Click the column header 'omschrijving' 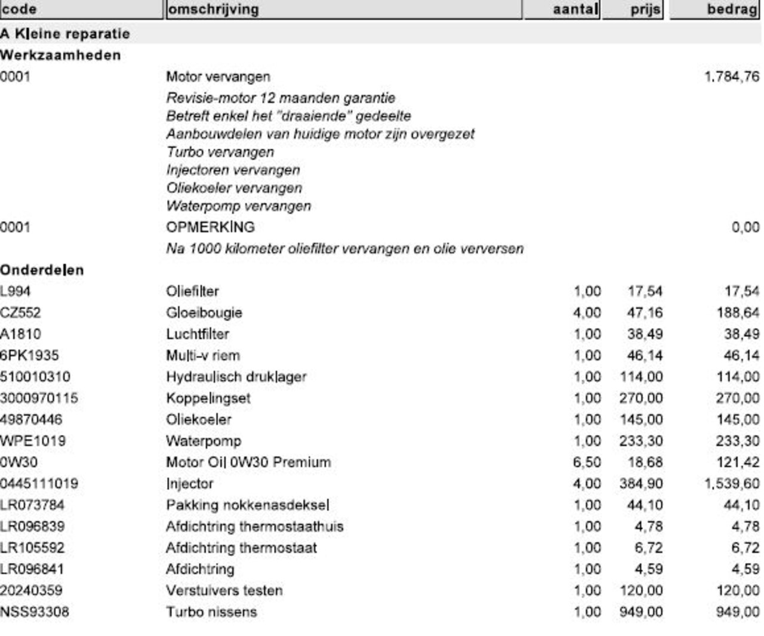(213, 10)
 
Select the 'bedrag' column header (732, 10)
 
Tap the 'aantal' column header (575, 10)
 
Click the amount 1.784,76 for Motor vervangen (732, 77)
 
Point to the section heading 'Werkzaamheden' (60, 55)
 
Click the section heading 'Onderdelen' (42, 270)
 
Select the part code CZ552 (20, 313)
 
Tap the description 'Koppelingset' (208, 399)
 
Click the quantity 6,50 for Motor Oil (587, 462)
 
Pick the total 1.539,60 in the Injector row (732, 484)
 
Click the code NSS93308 (35, 612)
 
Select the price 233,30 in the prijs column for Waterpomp (641, 442)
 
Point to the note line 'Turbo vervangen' (220, 152)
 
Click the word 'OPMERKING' (210, 227)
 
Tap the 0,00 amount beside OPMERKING (745, 227)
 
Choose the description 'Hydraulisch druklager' (236, 377)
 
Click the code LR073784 (32, 505)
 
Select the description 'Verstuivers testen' (224, 591)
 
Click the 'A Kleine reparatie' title (65, 34)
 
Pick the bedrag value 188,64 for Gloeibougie (738, 313)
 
